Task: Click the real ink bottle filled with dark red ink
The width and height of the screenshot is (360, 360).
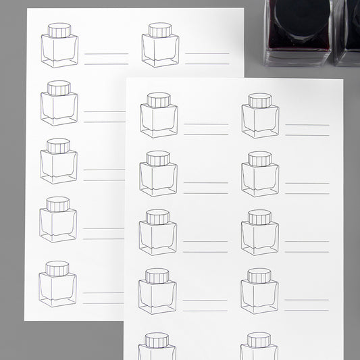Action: [297, 30]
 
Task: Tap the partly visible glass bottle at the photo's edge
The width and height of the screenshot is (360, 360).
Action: [349, 30]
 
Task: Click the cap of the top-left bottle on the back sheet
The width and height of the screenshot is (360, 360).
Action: [59, 30]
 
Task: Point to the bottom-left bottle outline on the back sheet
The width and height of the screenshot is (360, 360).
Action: [57, 284]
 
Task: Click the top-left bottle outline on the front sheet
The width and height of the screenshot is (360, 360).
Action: [159, 115]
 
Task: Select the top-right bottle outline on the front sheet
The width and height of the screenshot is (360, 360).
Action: [260, 115]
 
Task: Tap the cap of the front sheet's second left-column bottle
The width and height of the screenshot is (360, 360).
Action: [158, 159]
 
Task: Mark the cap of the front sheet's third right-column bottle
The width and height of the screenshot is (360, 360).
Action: [259, 217]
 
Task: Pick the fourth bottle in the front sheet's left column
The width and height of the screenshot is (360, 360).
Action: [157, 291]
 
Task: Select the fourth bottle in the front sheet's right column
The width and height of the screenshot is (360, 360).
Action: [259, 291]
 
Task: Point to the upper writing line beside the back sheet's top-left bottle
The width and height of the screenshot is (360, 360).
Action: [106, 53]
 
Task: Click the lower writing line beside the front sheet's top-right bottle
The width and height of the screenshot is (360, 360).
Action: [307, 135]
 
